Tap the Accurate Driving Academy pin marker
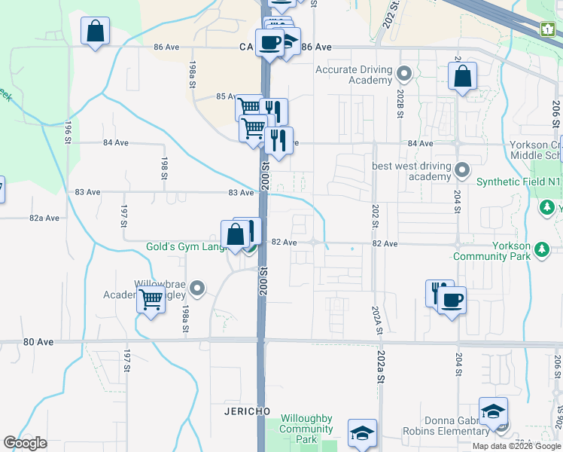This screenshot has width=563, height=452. pyautogui.click(x=404, y=74)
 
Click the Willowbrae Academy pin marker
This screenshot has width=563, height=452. pyautogui.click(x=197, y=287)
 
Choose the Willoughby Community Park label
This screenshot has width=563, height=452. pyautogui.click(x=306, y=429)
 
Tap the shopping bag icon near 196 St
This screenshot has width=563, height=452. pyautogui.click(x=96, y=32)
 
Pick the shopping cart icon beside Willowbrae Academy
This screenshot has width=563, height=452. pyautogui.click(x=151, y=298)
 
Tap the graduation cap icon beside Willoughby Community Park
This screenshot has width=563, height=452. pyautogui.click(x=362, y=432)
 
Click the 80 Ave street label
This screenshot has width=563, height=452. pyautogui.click(x=38, y=342)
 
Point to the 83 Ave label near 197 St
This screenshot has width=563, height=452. pyautogui.click(x=88, y=192)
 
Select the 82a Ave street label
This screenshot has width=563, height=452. pyautogui.click(x=44, y=218)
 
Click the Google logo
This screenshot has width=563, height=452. pyautogui.click(x=25, y=443)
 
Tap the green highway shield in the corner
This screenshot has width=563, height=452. pyautogui.click(x=547, y=29)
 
